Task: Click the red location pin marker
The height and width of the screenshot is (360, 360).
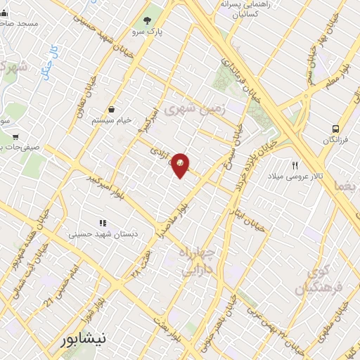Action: (x=181, y=164)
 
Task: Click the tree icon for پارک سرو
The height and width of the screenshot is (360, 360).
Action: (x=148, y=20)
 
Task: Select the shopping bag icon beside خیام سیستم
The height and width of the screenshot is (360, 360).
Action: (x=112, y=109)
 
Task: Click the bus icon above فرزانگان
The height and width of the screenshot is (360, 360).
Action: (x=336, y=129)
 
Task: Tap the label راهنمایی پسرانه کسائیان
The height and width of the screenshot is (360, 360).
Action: (x=250, y=9)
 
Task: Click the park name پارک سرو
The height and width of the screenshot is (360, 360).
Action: (x=147, y=32)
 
